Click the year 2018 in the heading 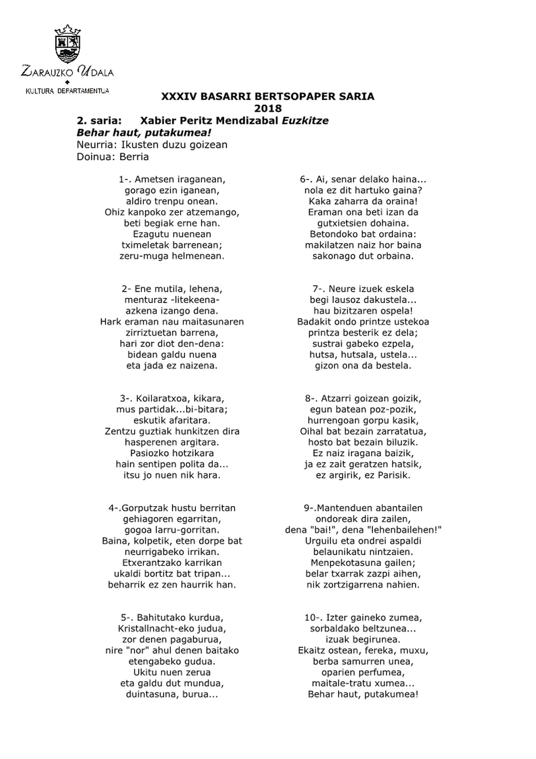(x=268, y=108)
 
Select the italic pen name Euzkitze (x=305, y=121)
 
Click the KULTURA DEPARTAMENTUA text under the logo (x=67, y=91)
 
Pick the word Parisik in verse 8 (x=394, y=475)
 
